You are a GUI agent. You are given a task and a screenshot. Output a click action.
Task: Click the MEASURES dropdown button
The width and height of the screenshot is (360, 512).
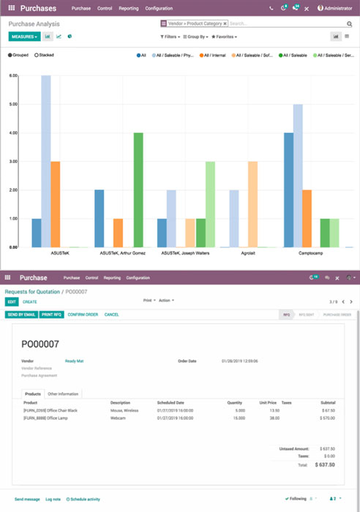pyautogui.click(x=24, y=36)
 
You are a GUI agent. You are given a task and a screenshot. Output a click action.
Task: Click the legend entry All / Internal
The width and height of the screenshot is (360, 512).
pyautogui.click(x=215, y=55)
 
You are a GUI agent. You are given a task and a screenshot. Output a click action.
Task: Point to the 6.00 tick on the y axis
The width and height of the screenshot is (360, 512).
pyautogui.click(x=13, y=75)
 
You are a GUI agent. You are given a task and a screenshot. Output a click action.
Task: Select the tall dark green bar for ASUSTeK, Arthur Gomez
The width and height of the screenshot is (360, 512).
pyautogui.click(x=138, y=190)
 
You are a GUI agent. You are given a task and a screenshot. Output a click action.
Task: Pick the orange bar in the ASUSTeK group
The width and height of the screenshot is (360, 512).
pyautogui.click(x=55, y=204)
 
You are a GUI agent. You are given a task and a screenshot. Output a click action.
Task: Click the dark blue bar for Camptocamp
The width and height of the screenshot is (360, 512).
pyautogui.click(x=289, y=190)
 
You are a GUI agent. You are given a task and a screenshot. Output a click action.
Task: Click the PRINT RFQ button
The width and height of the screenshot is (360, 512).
pyautogui.click(x=51, y=315)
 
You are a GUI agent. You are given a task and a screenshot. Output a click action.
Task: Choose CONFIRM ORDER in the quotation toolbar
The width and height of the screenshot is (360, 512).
pyautogui.click(x=83, y=315)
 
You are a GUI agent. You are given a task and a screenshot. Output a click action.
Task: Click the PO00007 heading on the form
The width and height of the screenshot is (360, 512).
pyautogui.click(x=40, y=345)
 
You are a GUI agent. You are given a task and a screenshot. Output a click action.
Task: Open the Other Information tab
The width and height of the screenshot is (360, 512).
pyautogui.click(x=64, y=394)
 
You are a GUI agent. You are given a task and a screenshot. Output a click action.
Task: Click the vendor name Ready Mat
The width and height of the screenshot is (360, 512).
pyautogui.click(x=74, y=361)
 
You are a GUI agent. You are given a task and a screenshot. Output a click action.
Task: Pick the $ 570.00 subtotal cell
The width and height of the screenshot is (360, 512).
pyautogui.click(x=327, y=418)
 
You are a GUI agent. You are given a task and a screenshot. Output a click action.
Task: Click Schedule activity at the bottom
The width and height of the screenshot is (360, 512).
pyautogui.click(x=83, y=499)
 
